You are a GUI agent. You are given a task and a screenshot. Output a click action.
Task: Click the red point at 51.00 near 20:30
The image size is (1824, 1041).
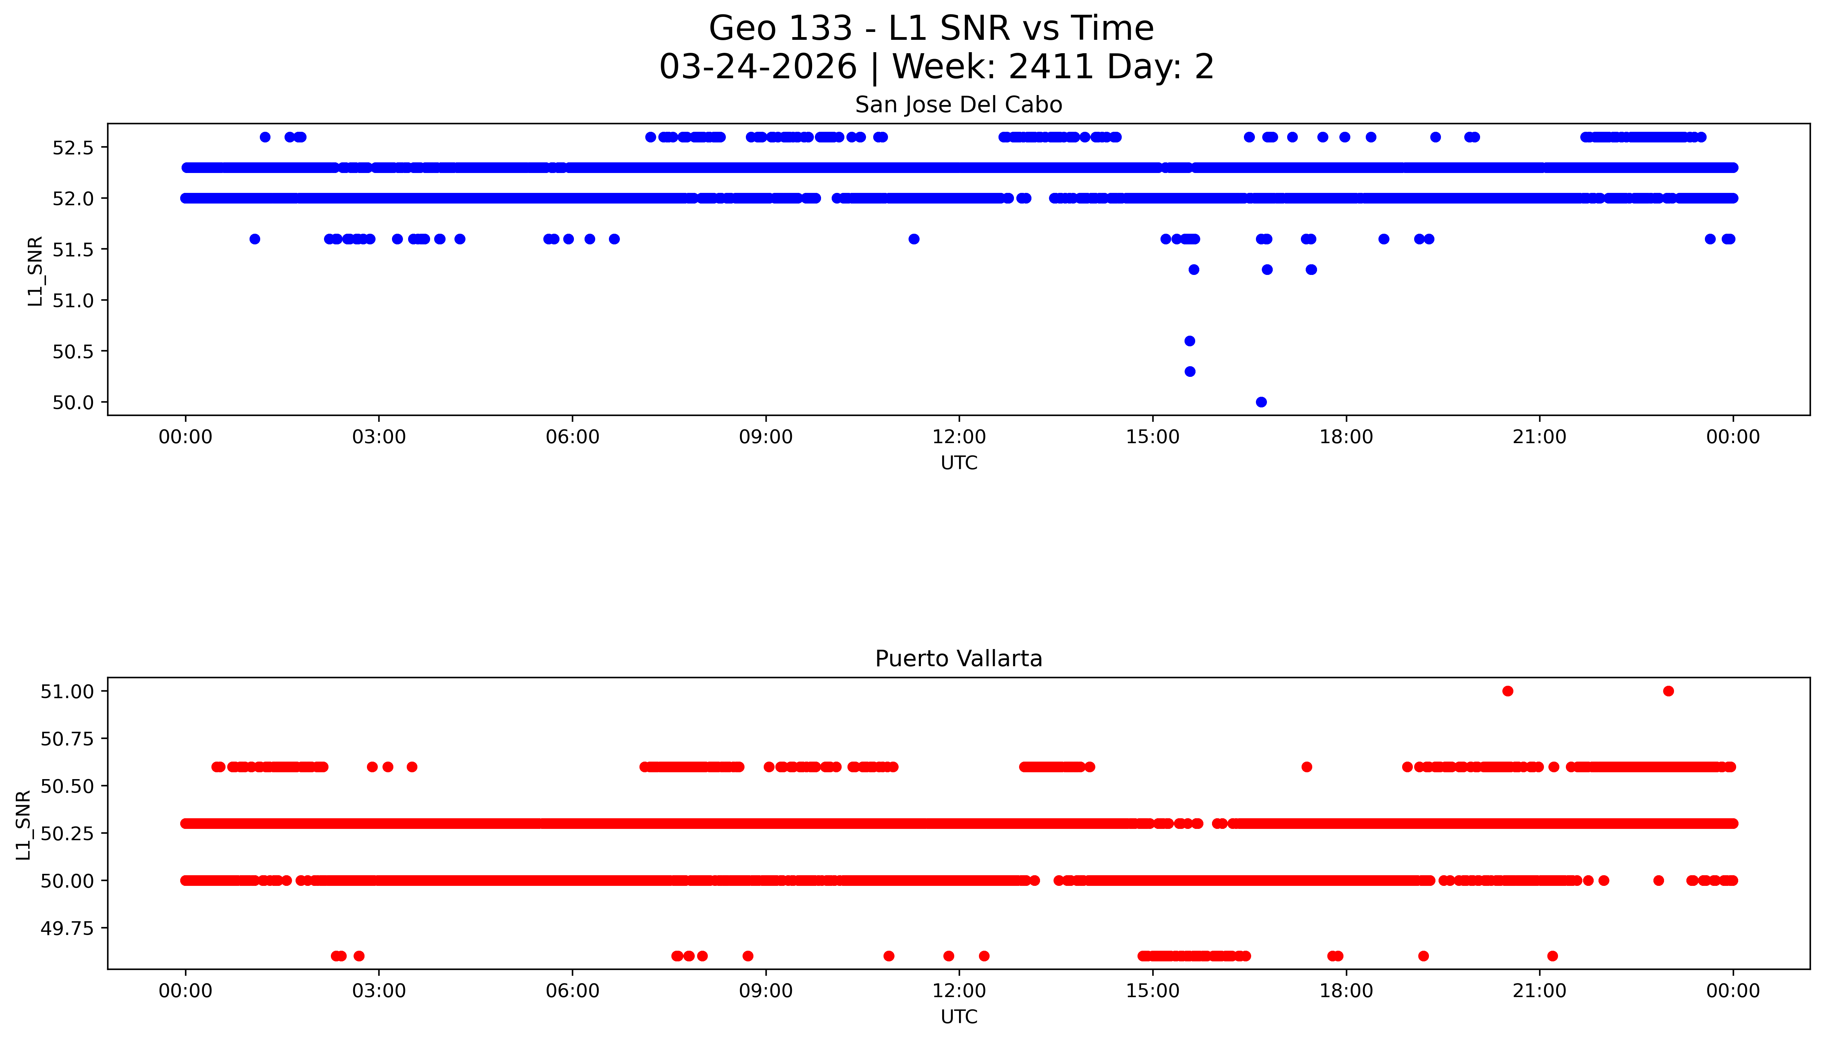tap(1507, 691)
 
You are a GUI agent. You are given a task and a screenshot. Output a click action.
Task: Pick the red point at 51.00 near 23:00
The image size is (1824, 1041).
tap(1668, 691)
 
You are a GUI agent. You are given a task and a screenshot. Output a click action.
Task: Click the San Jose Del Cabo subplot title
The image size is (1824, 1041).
tap(958, 104)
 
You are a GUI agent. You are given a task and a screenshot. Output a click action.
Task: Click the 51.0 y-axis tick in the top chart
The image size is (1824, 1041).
tap(73, 300)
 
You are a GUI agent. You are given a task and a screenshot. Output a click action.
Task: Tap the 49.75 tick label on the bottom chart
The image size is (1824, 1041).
tap(67, 928)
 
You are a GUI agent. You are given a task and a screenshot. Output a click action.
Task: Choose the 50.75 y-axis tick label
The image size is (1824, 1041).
tap(67, 739)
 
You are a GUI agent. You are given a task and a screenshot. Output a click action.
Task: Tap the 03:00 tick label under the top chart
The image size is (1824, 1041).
tap(379, 437)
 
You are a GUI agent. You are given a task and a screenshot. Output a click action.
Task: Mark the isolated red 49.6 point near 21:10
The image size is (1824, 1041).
tap(1551, 956)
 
